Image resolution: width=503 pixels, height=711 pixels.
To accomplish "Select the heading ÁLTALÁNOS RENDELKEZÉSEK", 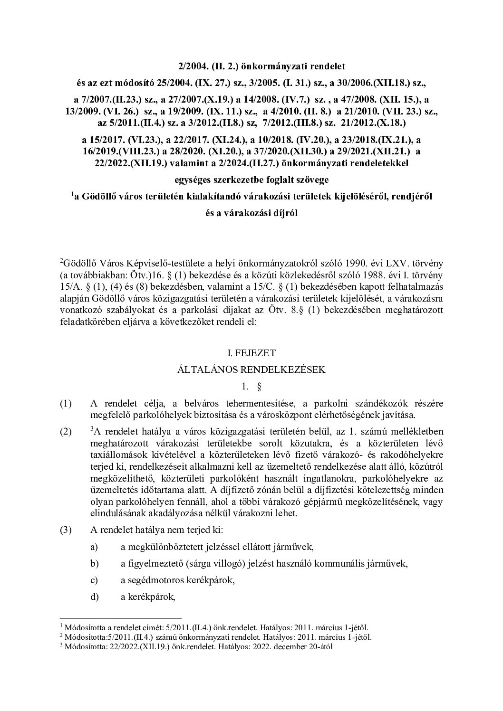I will click(x=251, y=370).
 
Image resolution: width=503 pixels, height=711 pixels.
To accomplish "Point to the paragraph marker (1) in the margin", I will click(x=66, y=404).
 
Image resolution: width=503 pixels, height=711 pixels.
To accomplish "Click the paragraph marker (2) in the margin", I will click(x=66, y=432).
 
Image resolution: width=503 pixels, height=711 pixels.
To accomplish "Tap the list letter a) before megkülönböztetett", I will click(x=94, y=547).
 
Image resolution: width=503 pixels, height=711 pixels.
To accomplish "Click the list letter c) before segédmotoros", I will click(x=94, y=580).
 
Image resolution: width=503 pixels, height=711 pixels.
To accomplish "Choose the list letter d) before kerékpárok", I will click(x=94, y=597).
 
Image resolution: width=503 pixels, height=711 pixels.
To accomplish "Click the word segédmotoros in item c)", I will click(x=156, y=580).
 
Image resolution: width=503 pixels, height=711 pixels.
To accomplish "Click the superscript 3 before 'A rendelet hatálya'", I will click(x=92, y=429).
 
